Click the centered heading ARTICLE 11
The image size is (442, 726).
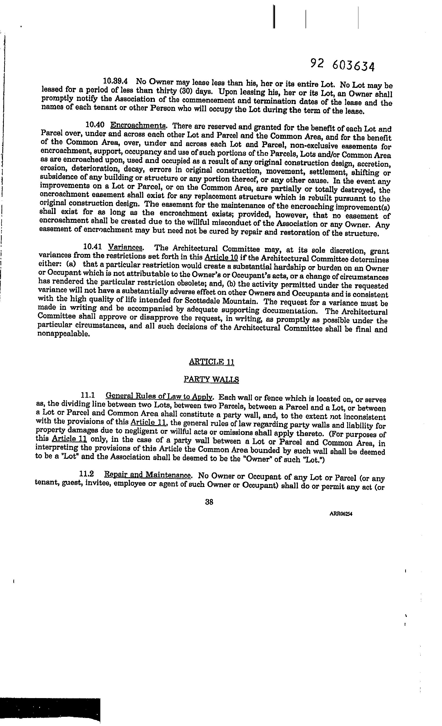point(211,362)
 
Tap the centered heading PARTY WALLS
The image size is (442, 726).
point(211,379)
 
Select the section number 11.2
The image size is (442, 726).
point(87,474)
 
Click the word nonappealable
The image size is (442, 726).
point(63,334)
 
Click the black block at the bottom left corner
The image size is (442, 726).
point(50,710)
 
